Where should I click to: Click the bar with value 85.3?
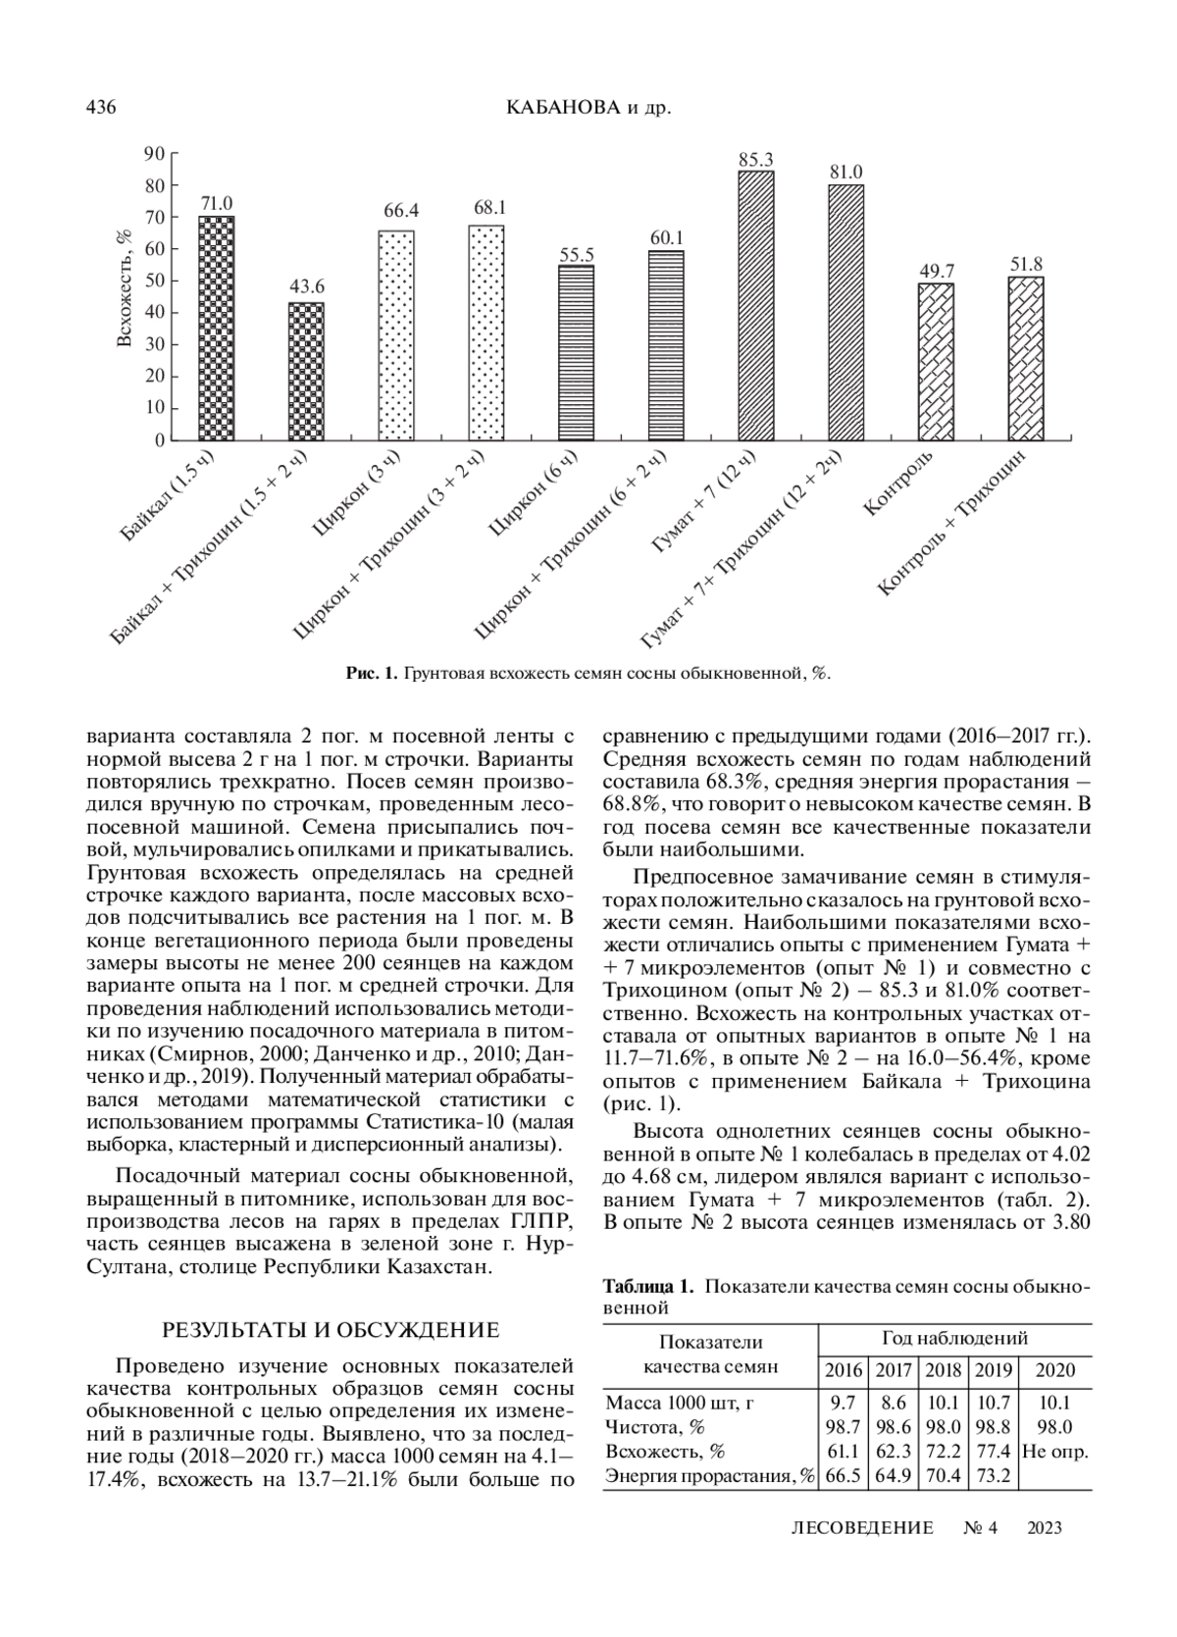pos(755,306)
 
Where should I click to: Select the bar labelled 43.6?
pos(305,372)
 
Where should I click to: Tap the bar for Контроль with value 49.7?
pos(936,362)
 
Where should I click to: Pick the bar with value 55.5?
pos(576,353)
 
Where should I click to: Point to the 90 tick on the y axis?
pos(154,153)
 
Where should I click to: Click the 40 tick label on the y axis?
pos(154,313)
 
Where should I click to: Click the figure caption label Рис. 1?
pos(371,674)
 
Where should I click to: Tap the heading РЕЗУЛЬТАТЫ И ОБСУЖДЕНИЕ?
pos(331,1331)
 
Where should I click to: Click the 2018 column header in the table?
pos(943,1371)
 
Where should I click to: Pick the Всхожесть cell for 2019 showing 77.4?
pos(992,1451)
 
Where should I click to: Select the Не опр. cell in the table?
pos(1055,1451)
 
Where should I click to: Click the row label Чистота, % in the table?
pos(655,1426)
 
